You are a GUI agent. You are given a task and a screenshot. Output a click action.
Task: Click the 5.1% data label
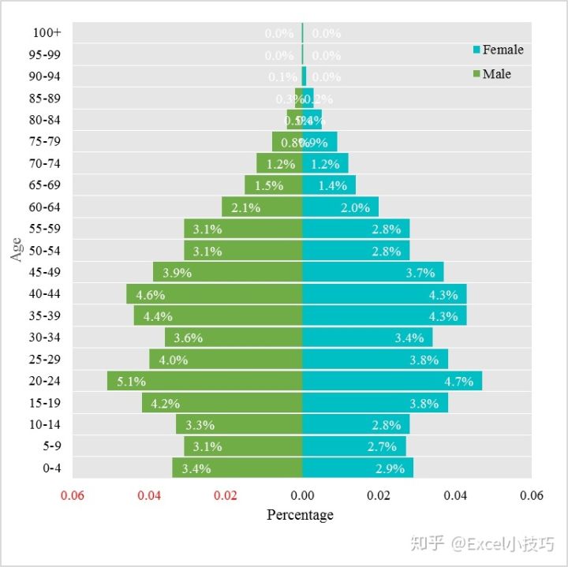[x=131, y=382]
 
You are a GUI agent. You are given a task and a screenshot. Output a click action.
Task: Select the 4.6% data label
[x=150, y=295]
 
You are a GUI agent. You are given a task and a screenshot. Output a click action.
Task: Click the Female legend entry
[x=502, y=50]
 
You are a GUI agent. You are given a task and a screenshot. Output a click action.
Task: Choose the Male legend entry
[x=496, y=74]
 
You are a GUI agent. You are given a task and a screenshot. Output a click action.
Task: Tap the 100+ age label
[x=47, y=33]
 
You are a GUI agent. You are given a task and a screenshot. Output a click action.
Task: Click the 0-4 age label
[x=52, y=468]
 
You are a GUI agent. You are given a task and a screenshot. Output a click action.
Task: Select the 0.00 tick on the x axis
[x=302, y=496]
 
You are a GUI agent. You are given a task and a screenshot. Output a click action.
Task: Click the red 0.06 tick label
[x=73, y=496]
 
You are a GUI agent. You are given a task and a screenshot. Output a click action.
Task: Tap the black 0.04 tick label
[x=455, y=496]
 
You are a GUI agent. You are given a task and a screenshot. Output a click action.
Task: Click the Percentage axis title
[x=300, y=515]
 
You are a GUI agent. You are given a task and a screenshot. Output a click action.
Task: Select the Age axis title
[x=17, y=250]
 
